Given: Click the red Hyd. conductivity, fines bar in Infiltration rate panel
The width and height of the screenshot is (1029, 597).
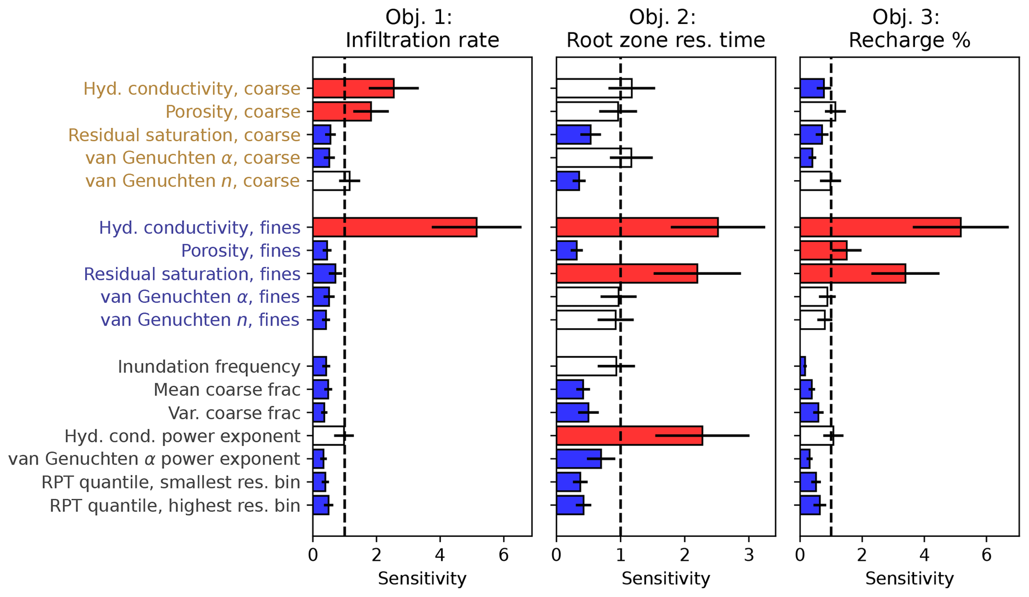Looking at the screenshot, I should click(394, 227).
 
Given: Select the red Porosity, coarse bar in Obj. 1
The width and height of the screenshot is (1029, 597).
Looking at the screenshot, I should click(342, 112).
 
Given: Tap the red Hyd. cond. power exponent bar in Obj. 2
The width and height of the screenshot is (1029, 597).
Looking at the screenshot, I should click(629, 436).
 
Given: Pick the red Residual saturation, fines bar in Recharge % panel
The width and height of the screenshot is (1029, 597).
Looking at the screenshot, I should click(852, 273).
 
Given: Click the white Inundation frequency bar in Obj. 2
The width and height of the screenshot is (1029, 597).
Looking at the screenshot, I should click(586, 366).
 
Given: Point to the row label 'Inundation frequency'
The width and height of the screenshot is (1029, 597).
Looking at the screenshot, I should click(209, 367).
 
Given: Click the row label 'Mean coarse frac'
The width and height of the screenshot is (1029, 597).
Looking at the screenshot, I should click(227, 390).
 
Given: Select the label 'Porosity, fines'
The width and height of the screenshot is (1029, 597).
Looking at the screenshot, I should click(240, 251).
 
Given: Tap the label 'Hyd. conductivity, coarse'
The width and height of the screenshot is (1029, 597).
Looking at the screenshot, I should click(192, 89).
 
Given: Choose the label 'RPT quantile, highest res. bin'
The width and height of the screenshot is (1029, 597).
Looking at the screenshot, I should click(175, 506).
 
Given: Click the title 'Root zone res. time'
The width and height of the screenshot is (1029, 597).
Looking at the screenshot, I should click(666, 40).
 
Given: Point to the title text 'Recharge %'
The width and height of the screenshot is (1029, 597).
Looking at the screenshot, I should click(909, 40).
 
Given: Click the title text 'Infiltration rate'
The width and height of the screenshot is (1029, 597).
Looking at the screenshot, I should click(422, 40).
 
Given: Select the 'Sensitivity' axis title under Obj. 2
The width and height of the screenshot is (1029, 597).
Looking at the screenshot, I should click(666, 579).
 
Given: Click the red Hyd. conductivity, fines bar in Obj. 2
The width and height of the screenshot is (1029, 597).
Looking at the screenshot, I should click(637, 227).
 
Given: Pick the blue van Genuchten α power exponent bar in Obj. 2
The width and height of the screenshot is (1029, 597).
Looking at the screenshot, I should click(578, 459).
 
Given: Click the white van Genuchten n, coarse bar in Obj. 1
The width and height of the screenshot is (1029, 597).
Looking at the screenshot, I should click(331, 181).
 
